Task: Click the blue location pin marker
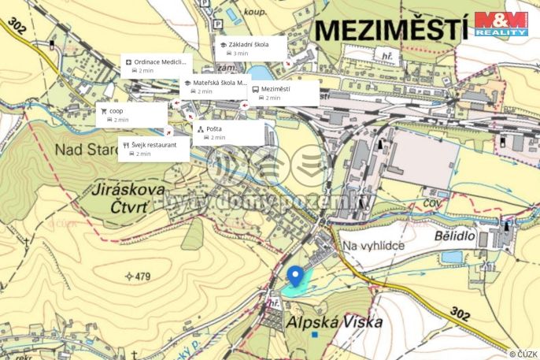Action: tap(295, 276)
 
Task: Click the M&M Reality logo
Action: tap(501, 24)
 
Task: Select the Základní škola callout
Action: tap(250, 49)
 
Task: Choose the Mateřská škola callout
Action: tap(215, 87)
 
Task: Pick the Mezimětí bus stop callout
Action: tap(284, 94)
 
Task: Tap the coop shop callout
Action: tap(129, 115)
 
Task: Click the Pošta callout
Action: tap(228, 132)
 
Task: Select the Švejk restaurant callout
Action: tap(153, 149)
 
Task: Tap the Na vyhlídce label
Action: tap(373, 247)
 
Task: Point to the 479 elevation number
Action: tap(140, 276)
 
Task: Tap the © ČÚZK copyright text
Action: tap(523, 354)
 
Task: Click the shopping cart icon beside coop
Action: tap(103, 111)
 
